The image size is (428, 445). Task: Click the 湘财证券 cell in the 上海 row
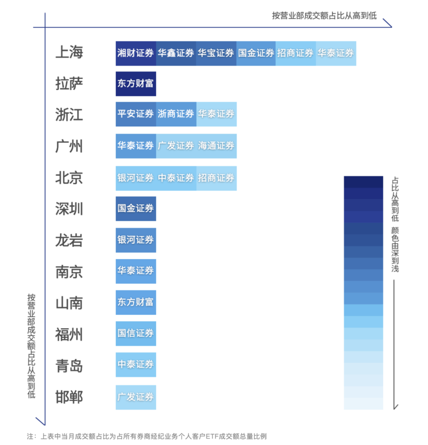coord(136,53)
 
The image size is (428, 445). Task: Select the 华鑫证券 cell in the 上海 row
coord(176,53)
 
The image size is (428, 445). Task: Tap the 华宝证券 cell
coord(216,53)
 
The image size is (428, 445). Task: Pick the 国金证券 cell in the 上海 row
coord(256,53)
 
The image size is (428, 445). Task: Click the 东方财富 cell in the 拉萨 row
coord(136,84)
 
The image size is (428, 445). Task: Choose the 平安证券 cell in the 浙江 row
coord(136,114)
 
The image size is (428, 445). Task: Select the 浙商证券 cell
coord(176,114)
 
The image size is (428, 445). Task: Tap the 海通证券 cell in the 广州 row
coord(216,146)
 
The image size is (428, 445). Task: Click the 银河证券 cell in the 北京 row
coord(136,178)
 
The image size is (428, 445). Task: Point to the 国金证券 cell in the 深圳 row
coord(136,208)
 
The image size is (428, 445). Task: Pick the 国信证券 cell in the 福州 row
coord(136,333)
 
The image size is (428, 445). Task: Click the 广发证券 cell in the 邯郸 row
coord(136,397)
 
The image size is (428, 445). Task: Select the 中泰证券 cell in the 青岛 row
coord(136,364)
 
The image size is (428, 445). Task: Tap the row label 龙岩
coord(69,241)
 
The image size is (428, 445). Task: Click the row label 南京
coord(69,272)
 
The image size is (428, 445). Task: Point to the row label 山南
coord(69,303)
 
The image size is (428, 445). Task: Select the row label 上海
coord(69,52)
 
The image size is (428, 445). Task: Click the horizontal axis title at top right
coord(324,16)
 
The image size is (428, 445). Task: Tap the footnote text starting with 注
coord(147,436)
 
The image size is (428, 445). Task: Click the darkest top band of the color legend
coord(363,182)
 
